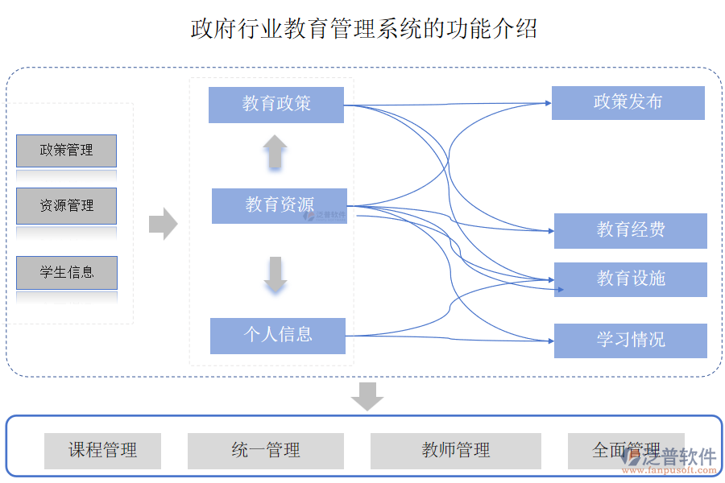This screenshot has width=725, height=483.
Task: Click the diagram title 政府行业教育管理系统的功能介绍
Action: [363, 29]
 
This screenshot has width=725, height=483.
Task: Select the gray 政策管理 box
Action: [67, 151]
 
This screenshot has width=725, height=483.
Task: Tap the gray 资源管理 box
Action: [67, 206]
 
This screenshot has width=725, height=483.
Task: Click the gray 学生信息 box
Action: [67, 273]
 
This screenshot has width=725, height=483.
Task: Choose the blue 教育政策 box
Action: [276, 104]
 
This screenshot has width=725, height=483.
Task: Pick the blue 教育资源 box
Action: [279, 205]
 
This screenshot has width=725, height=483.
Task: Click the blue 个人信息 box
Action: [278, 335]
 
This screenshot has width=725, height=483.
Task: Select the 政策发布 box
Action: [628, 102]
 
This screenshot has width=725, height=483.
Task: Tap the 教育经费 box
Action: [630, 230]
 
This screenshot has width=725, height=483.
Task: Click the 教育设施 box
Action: [630, 279]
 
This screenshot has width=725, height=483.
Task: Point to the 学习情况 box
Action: [630, 340]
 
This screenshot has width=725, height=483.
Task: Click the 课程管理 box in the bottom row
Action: [102, 451]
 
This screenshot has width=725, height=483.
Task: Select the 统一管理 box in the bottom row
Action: [266, 451]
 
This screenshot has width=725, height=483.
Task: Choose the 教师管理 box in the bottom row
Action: [455, 451]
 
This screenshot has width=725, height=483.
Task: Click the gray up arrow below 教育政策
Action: [275, 151]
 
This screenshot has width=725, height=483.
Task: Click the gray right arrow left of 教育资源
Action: [163, 223]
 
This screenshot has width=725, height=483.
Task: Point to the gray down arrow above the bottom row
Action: [367, 396]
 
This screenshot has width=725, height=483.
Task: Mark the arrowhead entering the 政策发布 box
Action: [547, 103]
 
